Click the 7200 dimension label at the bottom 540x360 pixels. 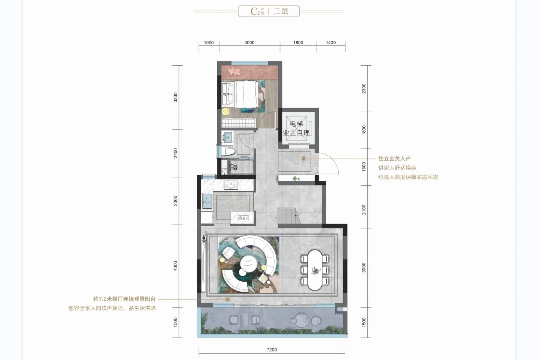coord(272,350)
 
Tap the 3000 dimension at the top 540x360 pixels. coord(249,43)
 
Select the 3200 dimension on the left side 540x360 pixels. coord(176,97)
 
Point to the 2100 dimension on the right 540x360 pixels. coord(364,210)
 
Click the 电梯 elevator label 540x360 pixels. coord(296,124)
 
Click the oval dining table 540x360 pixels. coord(316,270)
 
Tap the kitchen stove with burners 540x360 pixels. coord(231,185)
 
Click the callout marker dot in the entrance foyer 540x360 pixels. coord(304,159)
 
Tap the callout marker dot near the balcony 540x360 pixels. coord(228,299)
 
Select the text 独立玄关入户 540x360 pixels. coord(394,159)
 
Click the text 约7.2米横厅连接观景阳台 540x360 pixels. coord(125,299)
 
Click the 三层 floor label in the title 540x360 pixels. coord(281,11)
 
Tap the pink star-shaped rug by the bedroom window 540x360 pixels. coord(235,71)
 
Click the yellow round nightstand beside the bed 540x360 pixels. coord(226,111)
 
